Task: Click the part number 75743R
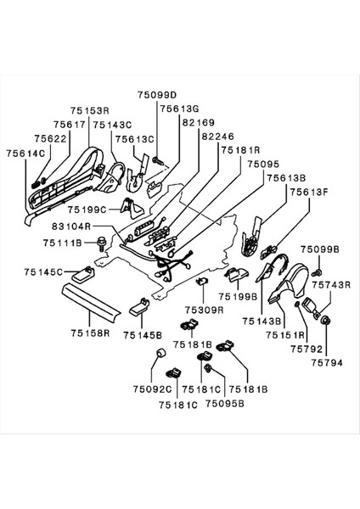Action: [x=327, y=284]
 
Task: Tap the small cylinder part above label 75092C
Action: [x=156, y=367]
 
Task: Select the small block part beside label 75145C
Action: [x=84, y=273]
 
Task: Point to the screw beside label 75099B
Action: [x=317, y=271]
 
